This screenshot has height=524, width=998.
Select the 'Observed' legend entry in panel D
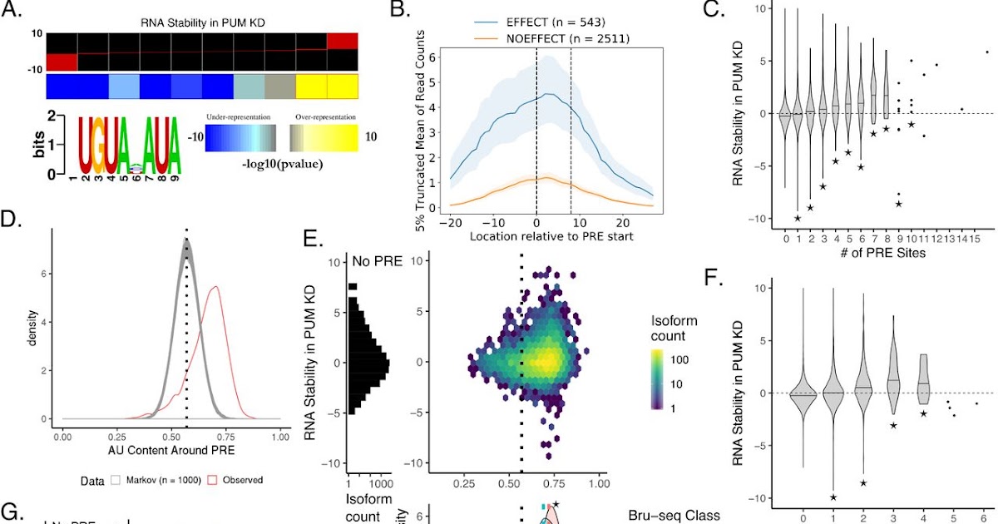[x=240, y=480]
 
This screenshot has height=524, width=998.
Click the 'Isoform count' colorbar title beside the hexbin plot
[x=674, y=329]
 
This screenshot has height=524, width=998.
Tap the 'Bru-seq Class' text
[x=673, y=517]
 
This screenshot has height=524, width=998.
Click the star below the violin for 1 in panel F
[x=833, y=497]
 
